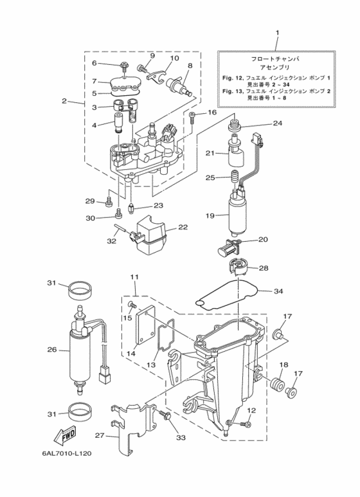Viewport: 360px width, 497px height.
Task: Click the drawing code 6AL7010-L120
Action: tap(67, 453)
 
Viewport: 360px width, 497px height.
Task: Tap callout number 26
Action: tap(51, 350)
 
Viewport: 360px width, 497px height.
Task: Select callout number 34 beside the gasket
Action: tap(278, 291)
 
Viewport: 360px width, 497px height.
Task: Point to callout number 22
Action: tap(183, 227)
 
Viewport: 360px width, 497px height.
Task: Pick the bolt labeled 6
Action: tap(123, 67)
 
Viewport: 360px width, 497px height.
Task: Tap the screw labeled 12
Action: tap(246, 424)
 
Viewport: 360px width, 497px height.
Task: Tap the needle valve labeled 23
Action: tap(131, 209)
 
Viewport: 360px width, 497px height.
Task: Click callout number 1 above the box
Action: tap(277, 33)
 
